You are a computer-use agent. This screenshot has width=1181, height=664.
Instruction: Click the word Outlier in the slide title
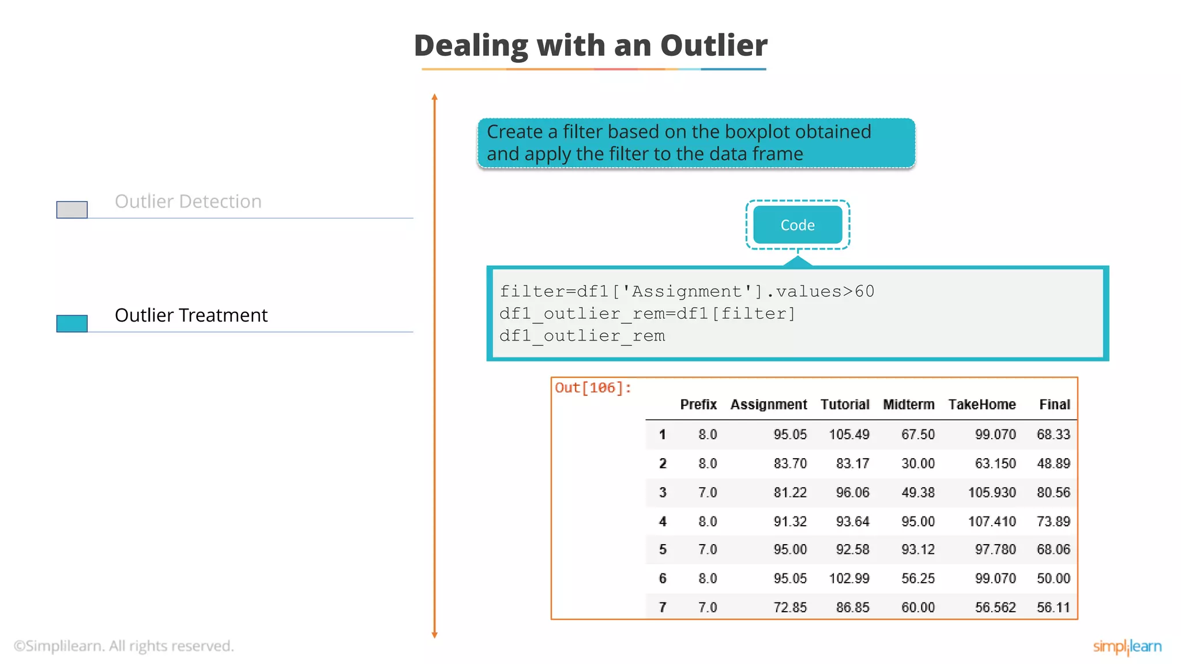(x=713, y=46)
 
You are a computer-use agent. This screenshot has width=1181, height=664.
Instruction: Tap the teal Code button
(x=798, y=225)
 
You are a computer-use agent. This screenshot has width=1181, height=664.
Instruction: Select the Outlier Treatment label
(x=191, y=315)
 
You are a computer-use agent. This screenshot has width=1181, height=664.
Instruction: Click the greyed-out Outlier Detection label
(x=188, y=201)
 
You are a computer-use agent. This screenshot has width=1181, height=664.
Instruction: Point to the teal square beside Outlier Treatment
(x=72, y=323)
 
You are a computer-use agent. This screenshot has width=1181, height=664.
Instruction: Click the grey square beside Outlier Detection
(x=72, y=209)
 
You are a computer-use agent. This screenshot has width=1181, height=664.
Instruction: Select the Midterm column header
(x=908, y=405)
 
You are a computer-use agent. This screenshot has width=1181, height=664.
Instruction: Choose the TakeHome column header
(x=981, y=405)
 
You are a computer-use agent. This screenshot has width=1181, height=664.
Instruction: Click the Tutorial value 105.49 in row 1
(x=849, y=435)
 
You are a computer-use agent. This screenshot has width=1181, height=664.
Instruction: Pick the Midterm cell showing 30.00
(x=917, y=463)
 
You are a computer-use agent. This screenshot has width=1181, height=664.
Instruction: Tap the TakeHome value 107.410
(x=991, y=522)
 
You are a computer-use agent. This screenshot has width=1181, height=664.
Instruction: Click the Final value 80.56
(x=1053, y=493)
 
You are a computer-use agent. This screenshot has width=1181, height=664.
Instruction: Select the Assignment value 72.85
(x=790, y=608)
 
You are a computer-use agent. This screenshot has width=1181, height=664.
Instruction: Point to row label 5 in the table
(x=663, y=550)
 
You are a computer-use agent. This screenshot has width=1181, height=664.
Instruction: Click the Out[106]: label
(x=593, y=388)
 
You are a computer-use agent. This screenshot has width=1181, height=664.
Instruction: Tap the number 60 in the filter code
(x=864, y=292)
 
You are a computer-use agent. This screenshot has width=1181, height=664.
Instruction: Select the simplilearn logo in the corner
(x=1127, y=647)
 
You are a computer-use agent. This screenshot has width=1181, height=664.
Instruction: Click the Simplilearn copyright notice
(x=124, y=646)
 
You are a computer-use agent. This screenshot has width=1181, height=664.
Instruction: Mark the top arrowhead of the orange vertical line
(x=435, y=97)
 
